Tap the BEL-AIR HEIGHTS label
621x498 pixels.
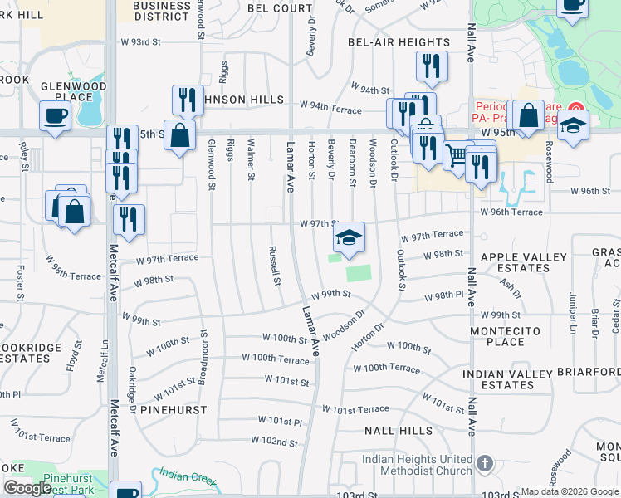[x=399, y=42]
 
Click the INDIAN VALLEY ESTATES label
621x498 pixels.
[x=506, y=380]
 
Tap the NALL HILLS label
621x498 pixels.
[x=399, y=431]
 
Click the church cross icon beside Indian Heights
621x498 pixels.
[x=485, y=463]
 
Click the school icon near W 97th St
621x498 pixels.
[x=350, y=237]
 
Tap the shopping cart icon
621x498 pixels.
[x=456, y=154]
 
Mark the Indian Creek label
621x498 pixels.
[x=188, y=478]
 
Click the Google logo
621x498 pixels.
[x=27, y=488]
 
